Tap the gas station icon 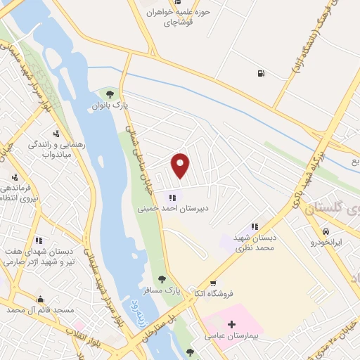(x=262, y=72)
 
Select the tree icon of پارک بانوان (x=108, y=94)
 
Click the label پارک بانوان (x=109, y=105)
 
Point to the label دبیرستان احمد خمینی (x=172, y=209)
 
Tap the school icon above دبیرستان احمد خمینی (x=173, y=198)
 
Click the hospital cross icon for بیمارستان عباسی (x=231, y=325)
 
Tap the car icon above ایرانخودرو (x=326, y=231)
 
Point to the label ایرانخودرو (x=327, y=243)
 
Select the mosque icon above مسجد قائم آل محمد (x=40, y=298)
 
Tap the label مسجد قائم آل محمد (x=39, y=309)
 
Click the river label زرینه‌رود (x=131, y=309)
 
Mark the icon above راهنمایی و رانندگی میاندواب (x=56, y=133)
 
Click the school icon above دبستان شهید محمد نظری (x=255, y=226)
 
